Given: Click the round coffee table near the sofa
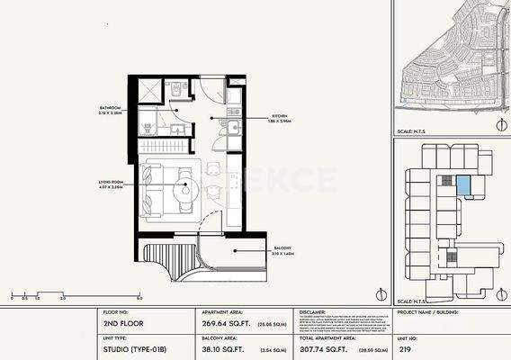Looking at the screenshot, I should point(190,189).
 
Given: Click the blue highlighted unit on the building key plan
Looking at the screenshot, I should point(463,185).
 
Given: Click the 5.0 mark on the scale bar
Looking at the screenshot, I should point(139,297).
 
